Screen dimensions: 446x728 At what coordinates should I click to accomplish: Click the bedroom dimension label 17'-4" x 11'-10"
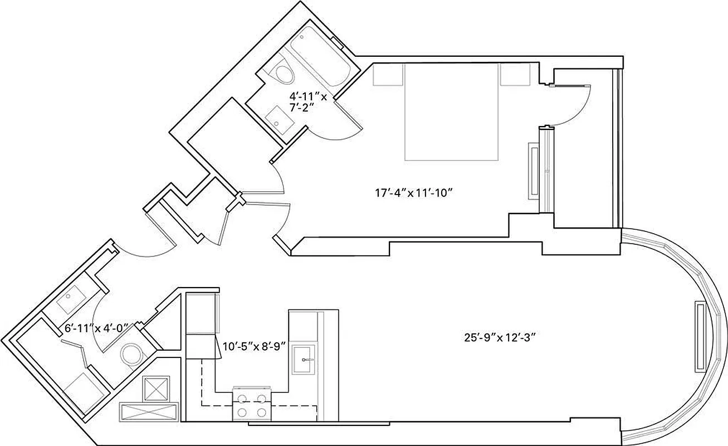pyautogui.click(x=412, y=194)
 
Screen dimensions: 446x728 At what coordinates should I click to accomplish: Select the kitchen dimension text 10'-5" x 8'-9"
pyautogui.click(x=255, y=346)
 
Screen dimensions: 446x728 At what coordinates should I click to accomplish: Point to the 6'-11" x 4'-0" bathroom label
pyautogui.click(x=97, y=328)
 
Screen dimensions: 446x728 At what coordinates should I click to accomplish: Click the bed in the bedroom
pyautogui.click(x=451, y=111)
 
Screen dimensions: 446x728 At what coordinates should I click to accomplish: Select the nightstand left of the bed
pyautogui.click(x=388, y=74)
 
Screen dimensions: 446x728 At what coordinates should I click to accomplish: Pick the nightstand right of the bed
pyautogui.click(x=514, y=74)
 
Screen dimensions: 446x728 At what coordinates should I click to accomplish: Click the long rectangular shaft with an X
pyautogui.click(x=148, y=412)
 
